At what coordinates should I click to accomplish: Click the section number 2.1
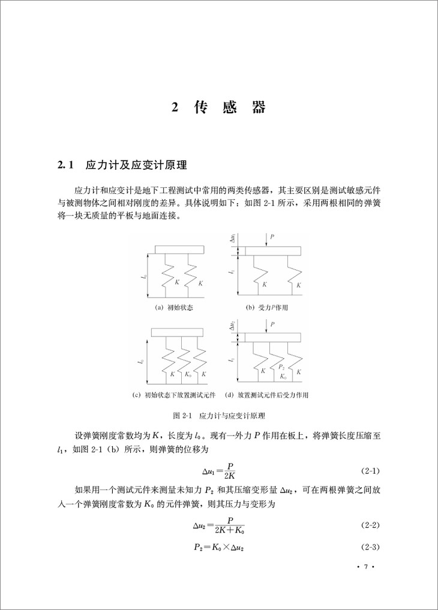pos(64,164)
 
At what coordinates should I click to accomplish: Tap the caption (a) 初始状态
pos(175,307)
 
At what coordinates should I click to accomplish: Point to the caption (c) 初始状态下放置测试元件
pos(176,395)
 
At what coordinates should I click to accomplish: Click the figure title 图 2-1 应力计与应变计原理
pos(218,415)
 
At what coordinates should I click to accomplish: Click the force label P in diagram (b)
pos(272,238)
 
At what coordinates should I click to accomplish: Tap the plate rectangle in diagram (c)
pos(178,332)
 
